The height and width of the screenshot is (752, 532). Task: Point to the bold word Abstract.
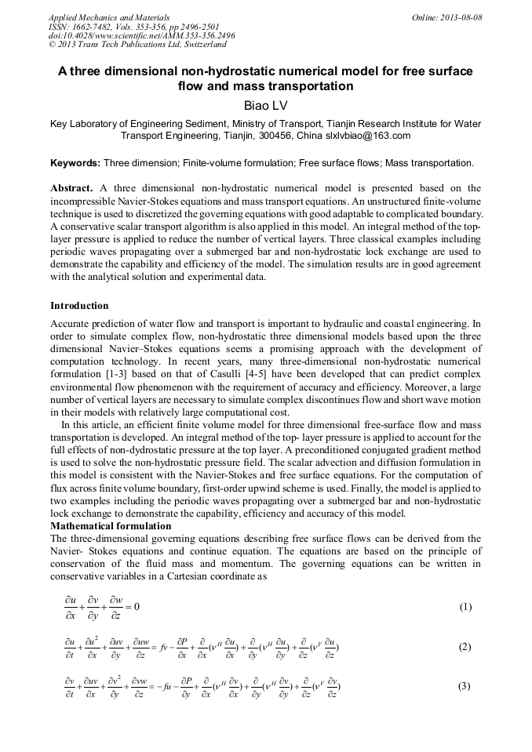tap(72, 188)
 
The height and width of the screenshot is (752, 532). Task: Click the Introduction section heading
tap(79, 305)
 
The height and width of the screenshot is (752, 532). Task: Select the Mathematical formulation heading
tap(111, 525)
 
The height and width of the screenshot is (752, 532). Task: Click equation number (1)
tap(465, 607)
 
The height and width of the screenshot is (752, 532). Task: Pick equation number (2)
tap(465, 647)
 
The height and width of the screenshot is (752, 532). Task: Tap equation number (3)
tap(465, 686)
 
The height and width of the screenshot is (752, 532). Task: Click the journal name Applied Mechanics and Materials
tap(103, 17)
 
